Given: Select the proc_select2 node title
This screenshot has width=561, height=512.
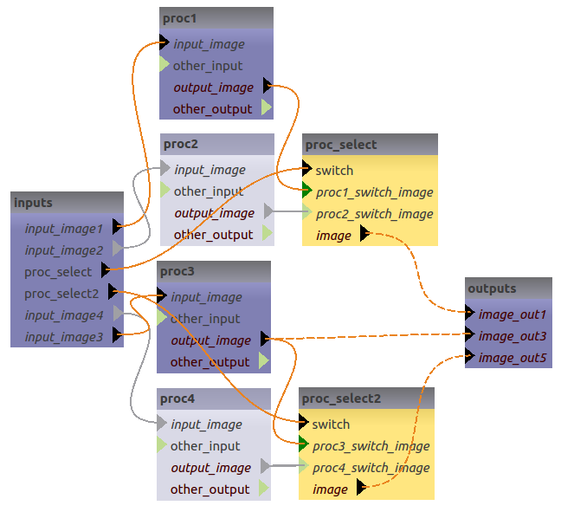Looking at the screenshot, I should click(366, 399).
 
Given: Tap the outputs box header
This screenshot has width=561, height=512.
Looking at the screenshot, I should click(508, 288).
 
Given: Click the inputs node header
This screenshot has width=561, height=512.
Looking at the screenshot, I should click(67, 203).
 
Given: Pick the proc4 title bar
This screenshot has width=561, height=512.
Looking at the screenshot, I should click(214, 399).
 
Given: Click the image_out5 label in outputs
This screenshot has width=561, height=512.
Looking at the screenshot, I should click(513, 358).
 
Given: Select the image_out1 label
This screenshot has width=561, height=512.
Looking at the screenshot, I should click(513, 314).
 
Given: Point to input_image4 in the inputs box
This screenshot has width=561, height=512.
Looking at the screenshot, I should click(64, 315).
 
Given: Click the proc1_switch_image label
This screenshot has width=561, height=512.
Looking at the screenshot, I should click(374, 192).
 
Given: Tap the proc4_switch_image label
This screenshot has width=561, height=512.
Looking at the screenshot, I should click(371, 468).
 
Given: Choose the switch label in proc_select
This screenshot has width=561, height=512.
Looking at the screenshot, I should click(334, 171).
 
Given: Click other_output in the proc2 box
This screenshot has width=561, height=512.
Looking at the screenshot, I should click(213, 235).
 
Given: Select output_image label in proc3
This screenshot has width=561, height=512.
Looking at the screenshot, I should click(210, 340).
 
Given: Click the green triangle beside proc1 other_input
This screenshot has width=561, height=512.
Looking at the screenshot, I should click(164, 65).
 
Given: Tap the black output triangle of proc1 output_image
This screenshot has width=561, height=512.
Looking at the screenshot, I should click(267, 87).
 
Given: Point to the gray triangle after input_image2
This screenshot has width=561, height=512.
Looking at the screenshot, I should click(117, 250).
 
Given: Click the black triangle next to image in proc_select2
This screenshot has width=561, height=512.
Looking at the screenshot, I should click(361, 489).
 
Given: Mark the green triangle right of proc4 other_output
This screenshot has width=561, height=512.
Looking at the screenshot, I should click(265, 489).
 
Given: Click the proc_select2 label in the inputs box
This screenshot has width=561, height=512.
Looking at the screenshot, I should click(61, 294).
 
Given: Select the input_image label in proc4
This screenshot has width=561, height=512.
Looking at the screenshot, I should click(206, 425).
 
